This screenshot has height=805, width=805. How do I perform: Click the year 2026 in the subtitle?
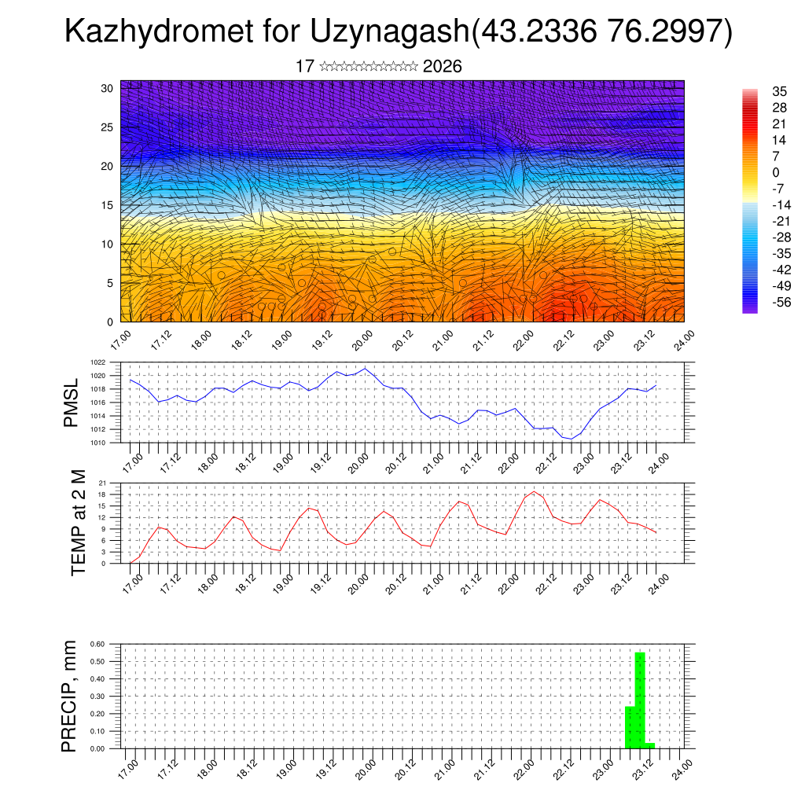[442, 67]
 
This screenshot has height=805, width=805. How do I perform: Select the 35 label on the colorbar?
[780, 91]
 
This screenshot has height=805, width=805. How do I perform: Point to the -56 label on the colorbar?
[780, 302]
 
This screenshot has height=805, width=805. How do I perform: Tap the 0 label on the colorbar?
[777, 172]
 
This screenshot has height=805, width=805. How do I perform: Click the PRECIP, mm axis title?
[70, 697]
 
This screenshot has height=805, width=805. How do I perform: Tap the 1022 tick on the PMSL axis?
[97, 363]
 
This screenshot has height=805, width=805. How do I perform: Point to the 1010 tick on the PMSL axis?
[97, 443]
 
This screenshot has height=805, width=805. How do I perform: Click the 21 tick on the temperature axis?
[101, 483]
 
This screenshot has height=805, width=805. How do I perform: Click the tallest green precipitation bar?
[640, 700]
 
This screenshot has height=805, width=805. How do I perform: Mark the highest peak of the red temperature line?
[535, 491]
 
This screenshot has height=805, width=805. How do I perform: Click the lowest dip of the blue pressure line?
[572, 439]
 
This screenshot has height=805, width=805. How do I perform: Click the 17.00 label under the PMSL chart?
[131, 460]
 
